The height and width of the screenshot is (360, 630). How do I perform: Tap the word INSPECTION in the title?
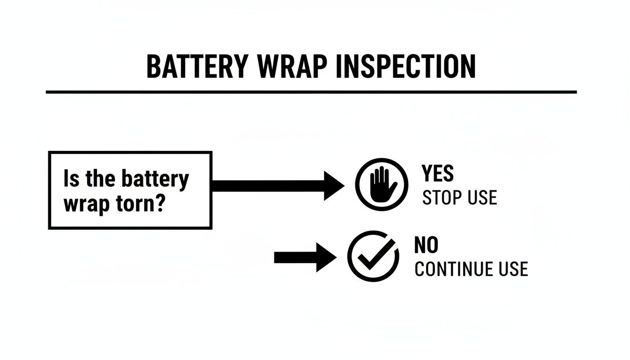[x=406, y=67]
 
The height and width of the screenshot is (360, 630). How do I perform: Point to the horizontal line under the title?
[x=311, y=92]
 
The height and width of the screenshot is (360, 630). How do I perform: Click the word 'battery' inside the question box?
[x=155, y=180]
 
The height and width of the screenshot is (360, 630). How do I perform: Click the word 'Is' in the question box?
[x=70, y=179]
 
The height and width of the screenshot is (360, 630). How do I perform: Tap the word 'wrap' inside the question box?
[x=84, y=205]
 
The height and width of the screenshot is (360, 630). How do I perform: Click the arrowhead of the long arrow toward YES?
[x=334, y=186]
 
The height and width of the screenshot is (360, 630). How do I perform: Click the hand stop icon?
[x=375, y=184]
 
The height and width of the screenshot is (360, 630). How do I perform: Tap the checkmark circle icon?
[x=373, y=256]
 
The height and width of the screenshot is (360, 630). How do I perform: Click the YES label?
[x=438, y=174]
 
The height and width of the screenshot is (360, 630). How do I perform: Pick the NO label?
[x=426, y=246]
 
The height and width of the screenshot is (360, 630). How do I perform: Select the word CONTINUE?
[x=453, y=270]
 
